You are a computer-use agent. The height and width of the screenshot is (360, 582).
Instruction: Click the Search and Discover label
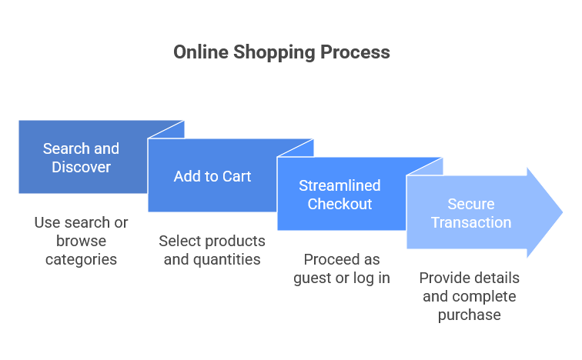(x=81, y=158)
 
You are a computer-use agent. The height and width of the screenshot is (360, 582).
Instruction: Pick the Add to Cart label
(x=212, y=176)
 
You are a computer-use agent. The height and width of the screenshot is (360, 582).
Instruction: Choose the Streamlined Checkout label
(x=340, y=195)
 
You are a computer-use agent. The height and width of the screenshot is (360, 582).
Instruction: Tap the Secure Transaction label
(x=471, y=213)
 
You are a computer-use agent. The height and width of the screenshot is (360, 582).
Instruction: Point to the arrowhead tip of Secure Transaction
(x=562, y=212)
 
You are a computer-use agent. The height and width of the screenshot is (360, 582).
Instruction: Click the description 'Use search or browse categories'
(x=81, y=241)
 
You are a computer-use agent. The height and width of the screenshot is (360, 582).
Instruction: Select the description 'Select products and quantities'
(x=212, y=250)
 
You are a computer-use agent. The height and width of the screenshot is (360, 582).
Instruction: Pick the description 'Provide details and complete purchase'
(x=470, y=296)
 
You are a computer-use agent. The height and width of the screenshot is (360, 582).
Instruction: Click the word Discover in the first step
(x=82, y=167)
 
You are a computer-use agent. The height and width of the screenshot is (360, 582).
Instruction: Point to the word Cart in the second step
(x=236, y=176)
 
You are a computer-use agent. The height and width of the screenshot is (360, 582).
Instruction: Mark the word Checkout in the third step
(x=340, y=204)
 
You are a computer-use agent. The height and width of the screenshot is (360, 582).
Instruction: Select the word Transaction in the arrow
(x=471, y=222)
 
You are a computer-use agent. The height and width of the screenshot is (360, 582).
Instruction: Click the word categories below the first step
(x=81, y=259)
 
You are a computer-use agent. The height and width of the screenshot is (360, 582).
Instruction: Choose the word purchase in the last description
(x=470, y=315)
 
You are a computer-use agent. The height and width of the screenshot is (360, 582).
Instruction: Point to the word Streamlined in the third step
(x=340, y=185)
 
